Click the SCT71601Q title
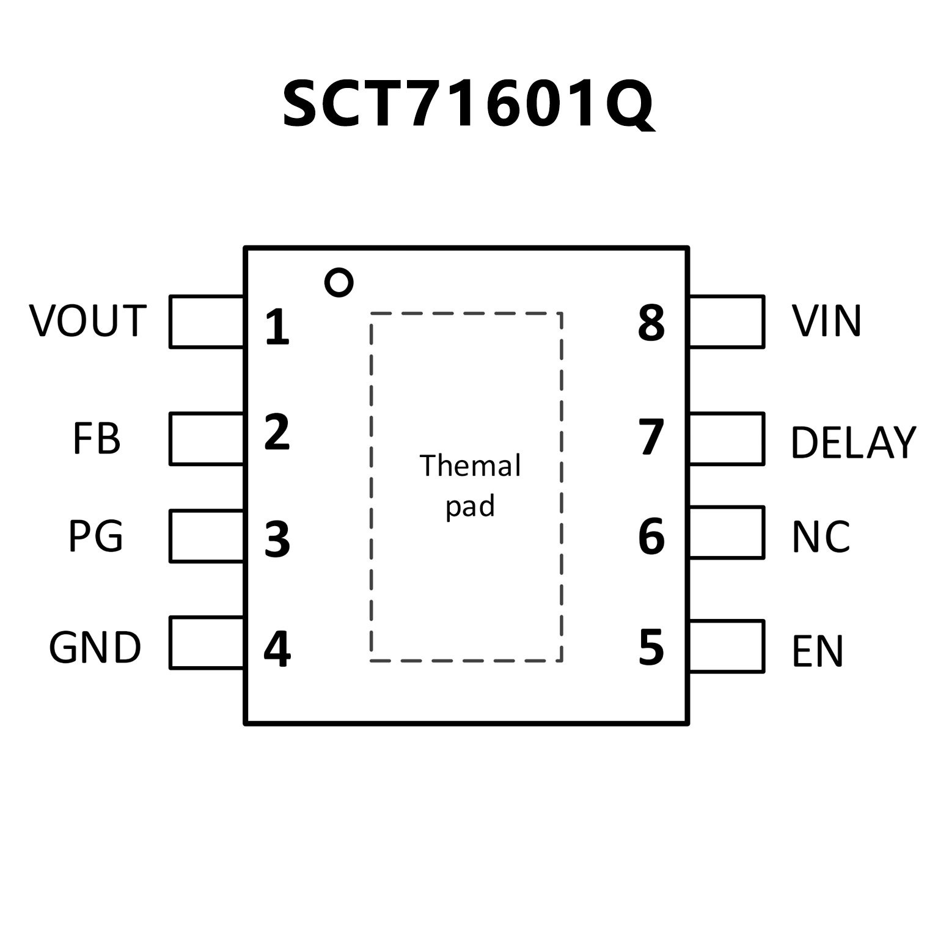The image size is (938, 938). (468, 104)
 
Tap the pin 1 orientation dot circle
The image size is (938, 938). (339, 282)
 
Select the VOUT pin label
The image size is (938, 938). (88, 321)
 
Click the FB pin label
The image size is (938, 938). (97, 438)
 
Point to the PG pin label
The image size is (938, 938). (95, 536)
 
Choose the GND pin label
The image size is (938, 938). (95, 648)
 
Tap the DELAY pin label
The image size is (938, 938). (853, 442)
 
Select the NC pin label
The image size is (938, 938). (821, 537)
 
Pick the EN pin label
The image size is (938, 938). (818, 651)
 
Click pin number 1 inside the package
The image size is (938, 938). (277, 327)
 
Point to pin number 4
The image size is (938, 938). (277, 649)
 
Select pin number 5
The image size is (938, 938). (651, 647)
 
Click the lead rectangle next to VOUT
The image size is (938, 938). (207, 322)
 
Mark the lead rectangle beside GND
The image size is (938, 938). (207, 643)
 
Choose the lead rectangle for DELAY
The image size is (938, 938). (727, 439)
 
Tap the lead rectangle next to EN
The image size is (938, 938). (727, 647)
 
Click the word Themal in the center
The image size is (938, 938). (470, 466)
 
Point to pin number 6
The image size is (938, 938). (651, 537)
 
